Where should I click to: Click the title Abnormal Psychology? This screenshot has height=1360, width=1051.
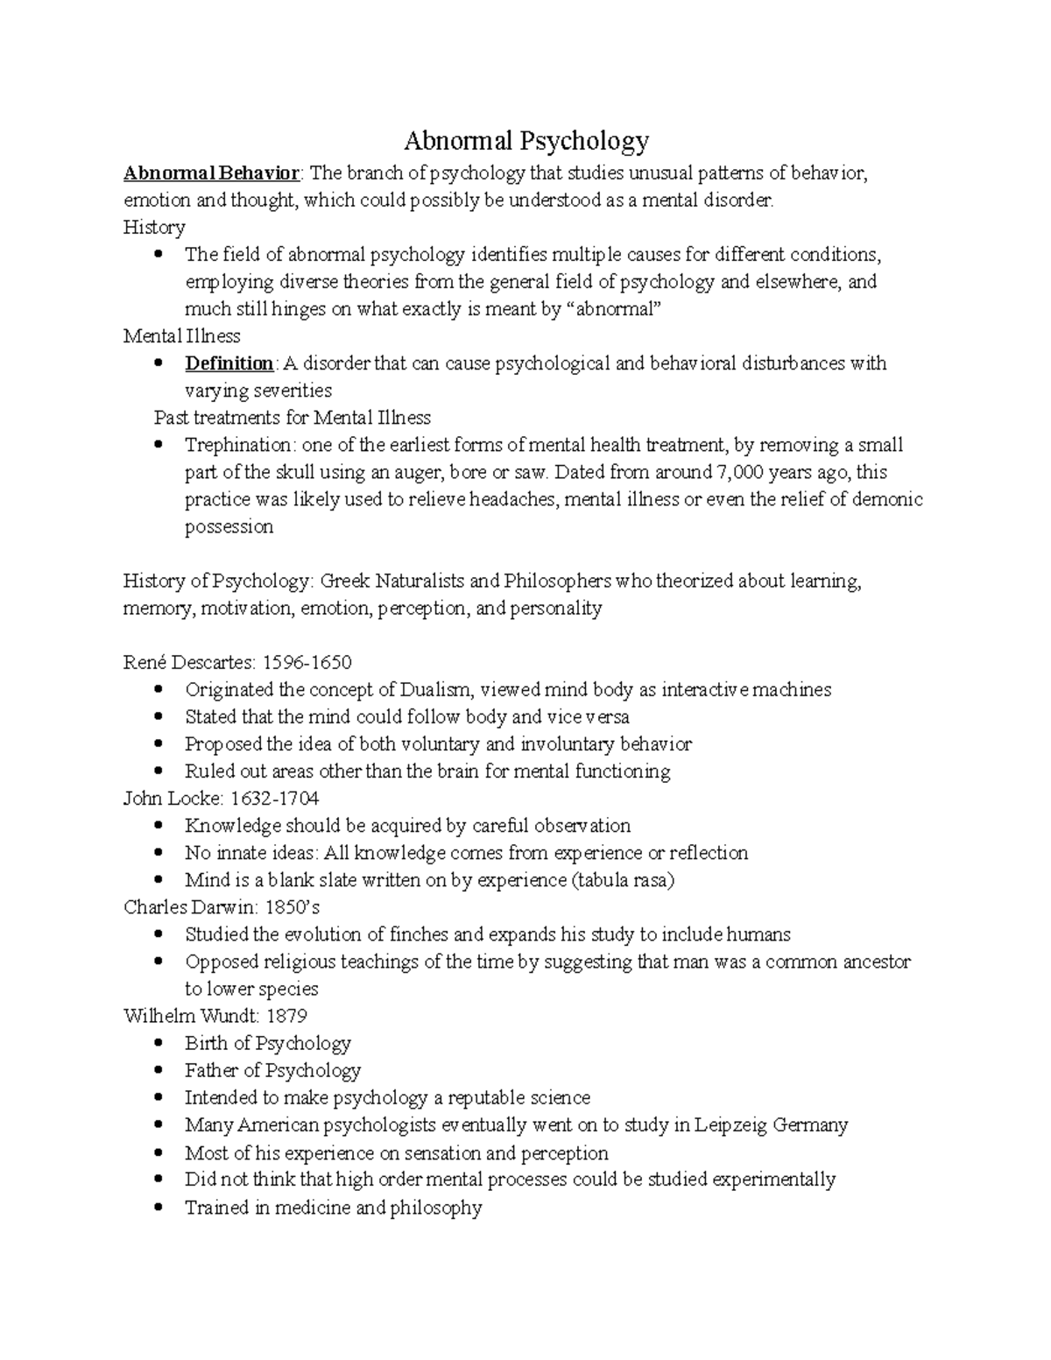[x=525, y=140]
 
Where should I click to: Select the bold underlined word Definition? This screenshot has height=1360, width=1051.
[x=229, y=363]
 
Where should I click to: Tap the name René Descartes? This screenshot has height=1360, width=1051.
[x=179, y=662]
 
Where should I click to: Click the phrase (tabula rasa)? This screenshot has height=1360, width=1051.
[x=623, y=880]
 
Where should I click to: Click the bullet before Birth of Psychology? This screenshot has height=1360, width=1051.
[x=158, y=1043]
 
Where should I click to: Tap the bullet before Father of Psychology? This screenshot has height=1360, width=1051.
[x=158, y=1070]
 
